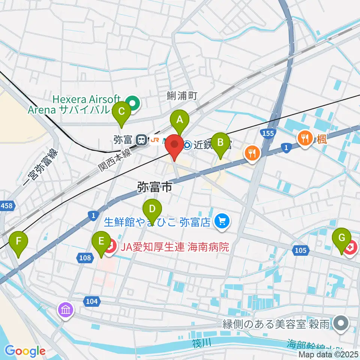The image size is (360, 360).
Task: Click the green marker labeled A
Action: pyautogui.click(x=180, y=120)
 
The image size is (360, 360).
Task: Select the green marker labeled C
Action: pyautogui.click(x=121, y=112)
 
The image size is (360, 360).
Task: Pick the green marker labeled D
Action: pyautogui.click(x=152, y=209)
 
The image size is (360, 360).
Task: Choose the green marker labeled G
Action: pyautogui.click(x=341, y=238)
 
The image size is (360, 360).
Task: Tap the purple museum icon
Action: pyautogui.click(x=66, y=310)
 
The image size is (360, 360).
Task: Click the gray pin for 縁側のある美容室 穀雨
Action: pyautogui.click(x=342, y=323)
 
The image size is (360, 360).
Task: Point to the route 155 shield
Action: pyautogui.click(x=267, y=133)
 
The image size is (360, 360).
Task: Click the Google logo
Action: pyautogui.click(x=25, y=351)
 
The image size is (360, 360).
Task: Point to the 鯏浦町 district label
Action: pyautogui.click(x=182, y=96)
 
